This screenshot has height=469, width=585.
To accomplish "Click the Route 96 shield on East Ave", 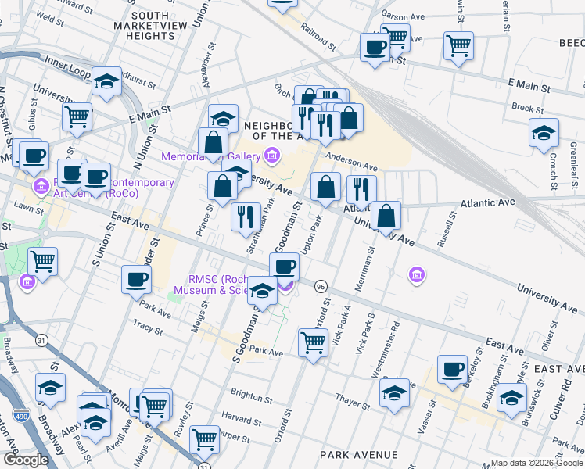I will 321,287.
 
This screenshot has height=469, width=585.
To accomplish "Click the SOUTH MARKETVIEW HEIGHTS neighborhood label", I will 152,26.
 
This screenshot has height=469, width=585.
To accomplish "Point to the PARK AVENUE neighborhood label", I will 358,454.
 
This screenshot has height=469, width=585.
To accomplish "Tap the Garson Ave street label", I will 402,14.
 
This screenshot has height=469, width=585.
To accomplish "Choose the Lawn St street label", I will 28,206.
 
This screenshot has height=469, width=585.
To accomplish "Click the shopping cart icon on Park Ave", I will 313,341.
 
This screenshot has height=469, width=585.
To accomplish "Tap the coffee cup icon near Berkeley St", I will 451,370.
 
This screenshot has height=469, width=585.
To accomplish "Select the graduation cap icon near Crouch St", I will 544,132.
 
